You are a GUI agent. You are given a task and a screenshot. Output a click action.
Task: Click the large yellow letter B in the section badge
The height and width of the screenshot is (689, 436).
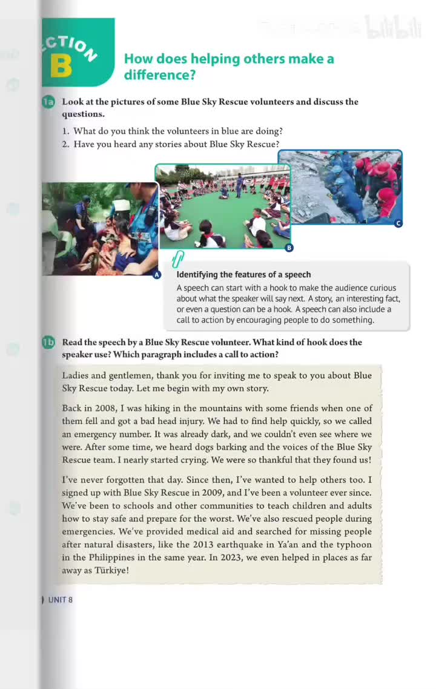click(61, 66)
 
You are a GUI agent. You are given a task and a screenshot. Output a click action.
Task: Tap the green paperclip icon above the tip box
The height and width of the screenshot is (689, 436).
click(177, 260)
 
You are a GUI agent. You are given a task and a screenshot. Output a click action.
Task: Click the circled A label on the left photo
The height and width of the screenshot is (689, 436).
click(157, 275)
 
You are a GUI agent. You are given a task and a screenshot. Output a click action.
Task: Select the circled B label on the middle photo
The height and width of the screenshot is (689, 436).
click(289, 248)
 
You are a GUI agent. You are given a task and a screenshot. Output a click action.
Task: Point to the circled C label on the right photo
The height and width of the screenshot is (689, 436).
click(398, 223)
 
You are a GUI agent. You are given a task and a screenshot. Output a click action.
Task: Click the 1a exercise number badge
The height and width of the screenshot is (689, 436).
click(48, 102)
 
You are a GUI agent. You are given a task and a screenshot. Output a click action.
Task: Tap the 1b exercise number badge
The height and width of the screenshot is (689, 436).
click(48, 343)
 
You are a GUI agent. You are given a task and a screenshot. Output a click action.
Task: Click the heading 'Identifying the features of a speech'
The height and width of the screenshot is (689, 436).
click(243, 274)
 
